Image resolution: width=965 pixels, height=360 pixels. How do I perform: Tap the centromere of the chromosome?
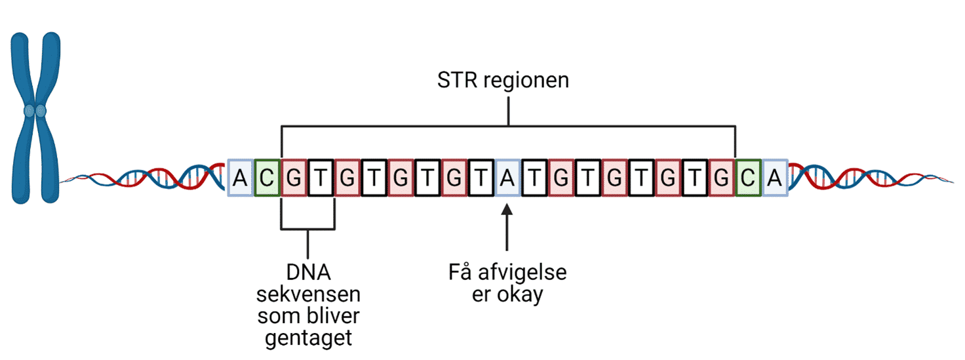click(x=35, y=111)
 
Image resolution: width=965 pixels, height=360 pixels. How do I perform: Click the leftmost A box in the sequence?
click(x=241, y=178)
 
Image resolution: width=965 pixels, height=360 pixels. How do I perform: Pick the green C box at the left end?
click(x=267, y=178)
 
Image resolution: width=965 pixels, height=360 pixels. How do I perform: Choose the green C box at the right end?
click(x=748, y=178)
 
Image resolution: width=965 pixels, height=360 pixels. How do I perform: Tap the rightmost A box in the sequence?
click(x=775, y=178)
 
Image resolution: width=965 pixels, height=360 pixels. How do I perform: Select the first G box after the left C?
click(x=294, y=178)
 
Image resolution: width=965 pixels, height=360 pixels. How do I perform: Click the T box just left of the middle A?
click(x=481, y=178)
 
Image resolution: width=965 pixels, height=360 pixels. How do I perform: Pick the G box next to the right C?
click(x=721, y=178)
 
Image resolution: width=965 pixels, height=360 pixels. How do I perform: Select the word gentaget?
click(x=308, y=339)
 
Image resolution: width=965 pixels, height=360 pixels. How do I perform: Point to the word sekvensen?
click(x=308, y=294)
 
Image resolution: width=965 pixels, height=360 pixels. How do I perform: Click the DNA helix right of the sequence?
click(x=865, y=178)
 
